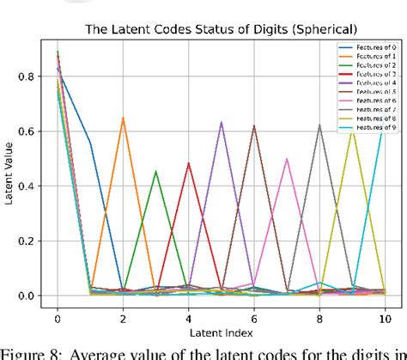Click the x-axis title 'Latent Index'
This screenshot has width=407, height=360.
220,331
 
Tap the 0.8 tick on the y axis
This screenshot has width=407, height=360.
28,76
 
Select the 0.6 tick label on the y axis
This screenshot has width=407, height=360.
28,131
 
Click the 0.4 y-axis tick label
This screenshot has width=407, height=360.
28,186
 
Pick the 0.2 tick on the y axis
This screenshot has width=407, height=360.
28,241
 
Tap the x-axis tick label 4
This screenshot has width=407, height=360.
188,314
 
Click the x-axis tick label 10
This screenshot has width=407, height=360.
385,314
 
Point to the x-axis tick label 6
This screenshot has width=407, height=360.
254,314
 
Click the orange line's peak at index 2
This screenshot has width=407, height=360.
123,118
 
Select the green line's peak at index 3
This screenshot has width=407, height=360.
155,171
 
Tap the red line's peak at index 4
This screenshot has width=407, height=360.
188,162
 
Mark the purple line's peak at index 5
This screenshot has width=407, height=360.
222,121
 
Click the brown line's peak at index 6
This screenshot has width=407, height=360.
254,125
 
